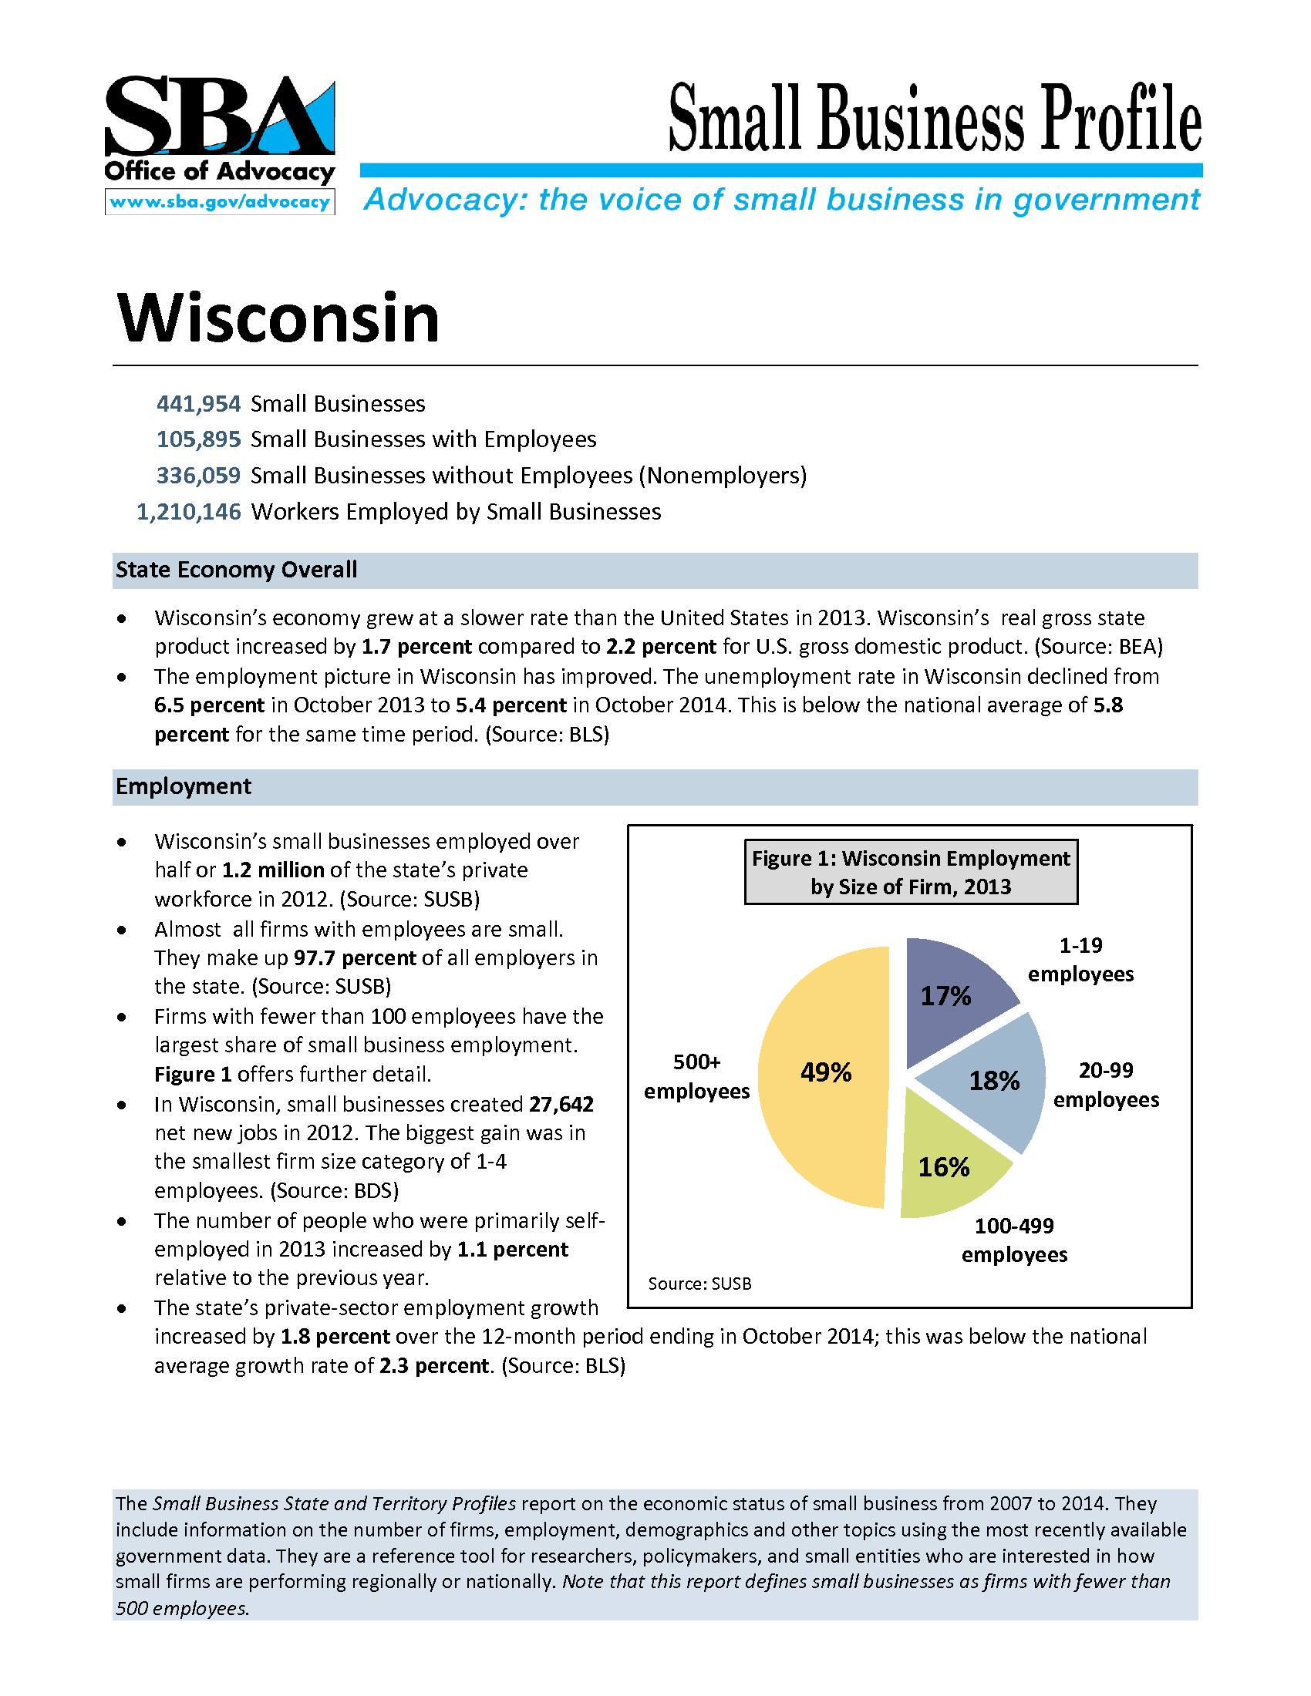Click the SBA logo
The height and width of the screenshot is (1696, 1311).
pos(219,116)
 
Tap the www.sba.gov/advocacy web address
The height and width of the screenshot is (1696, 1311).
pos(220,202)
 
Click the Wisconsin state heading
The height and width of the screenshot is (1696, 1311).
pos(278,318)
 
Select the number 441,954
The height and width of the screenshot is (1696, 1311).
pos(199,404)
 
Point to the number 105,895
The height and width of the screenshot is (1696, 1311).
pos(199,439)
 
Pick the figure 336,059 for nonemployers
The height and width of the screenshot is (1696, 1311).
pos(199,475)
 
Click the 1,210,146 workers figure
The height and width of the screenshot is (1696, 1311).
pos(189,512)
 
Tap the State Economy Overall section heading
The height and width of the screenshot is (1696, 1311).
pos(236,570)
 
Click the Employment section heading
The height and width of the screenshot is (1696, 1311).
pos(184,786)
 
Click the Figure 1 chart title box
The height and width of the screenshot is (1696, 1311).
pos(910,872)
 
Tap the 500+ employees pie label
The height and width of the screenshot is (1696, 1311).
pos(696,1076)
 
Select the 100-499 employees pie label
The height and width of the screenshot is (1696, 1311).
pos(1014,1240)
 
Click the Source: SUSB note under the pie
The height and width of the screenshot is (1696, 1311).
pos(699,1284)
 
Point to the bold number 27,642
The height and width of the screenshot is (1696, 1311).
pos(561,1104)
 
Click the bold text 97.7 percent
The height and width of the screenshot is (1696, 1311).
pos(355,957)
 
